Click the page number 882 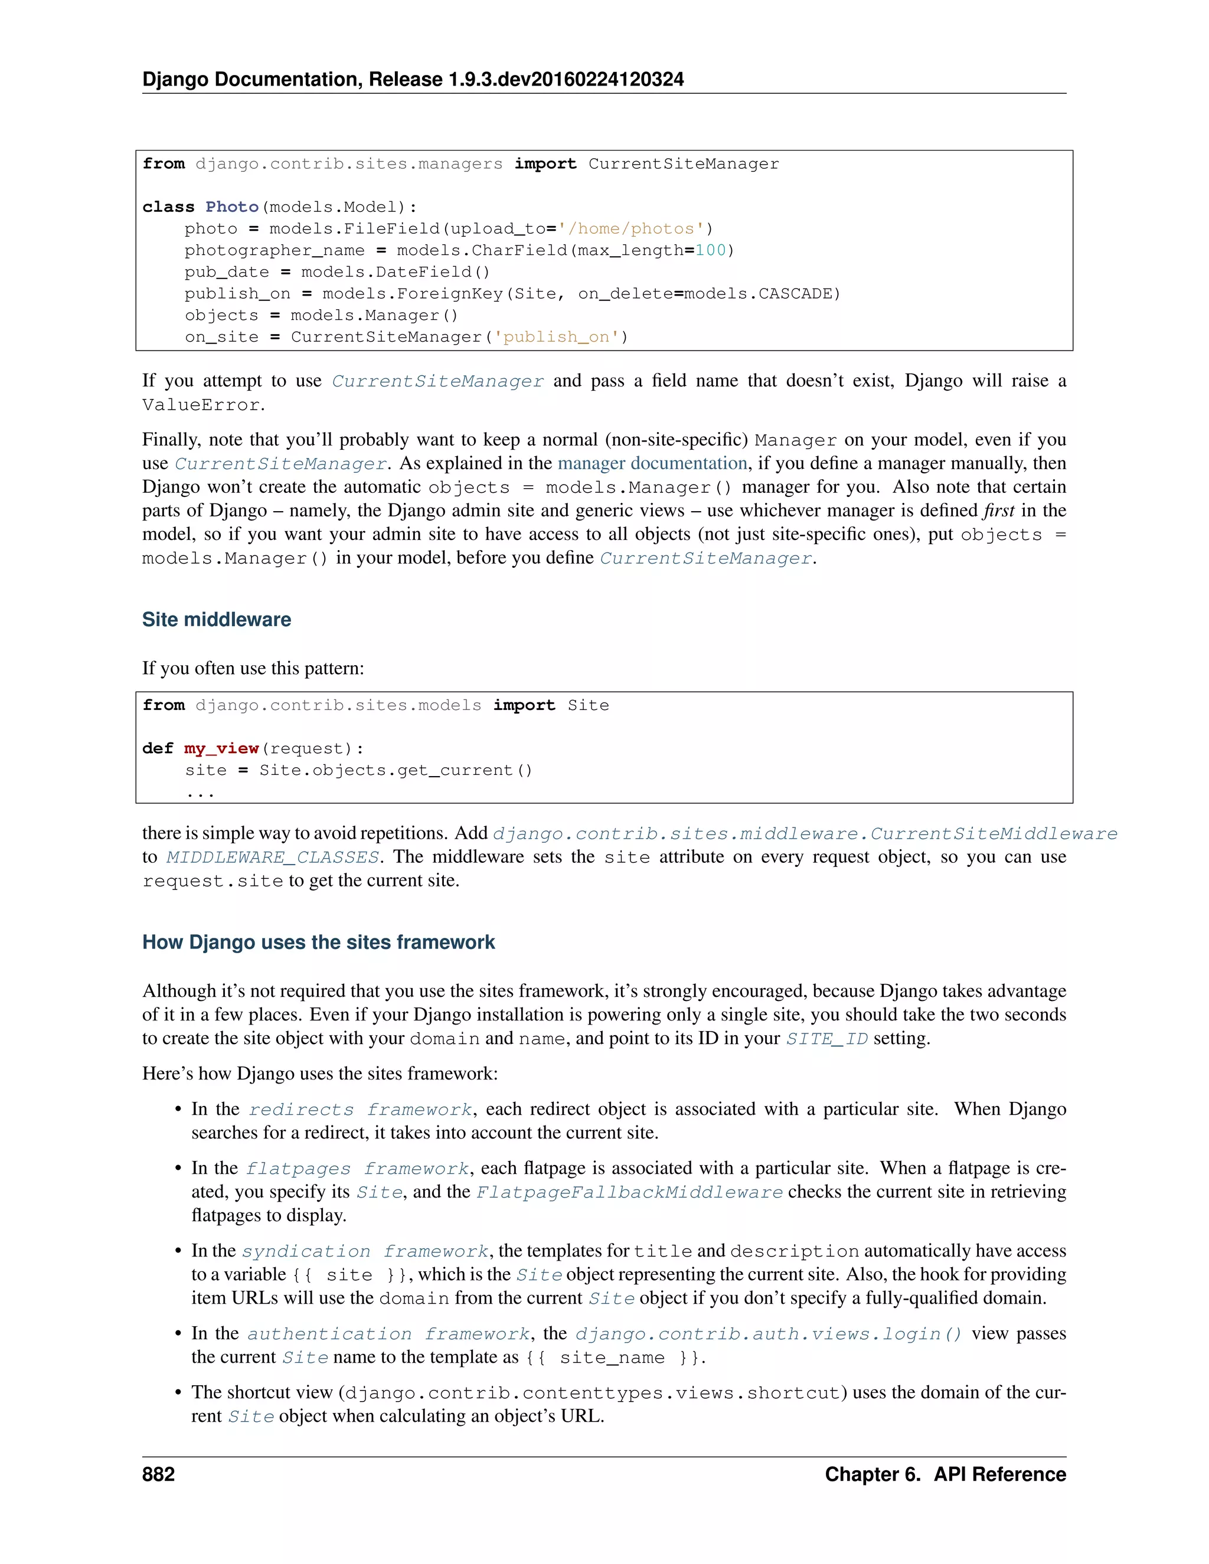coord(158,1474)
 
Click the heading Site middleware coord(216,620)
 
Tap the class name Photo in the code coord(231,207)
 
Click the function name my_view coord(221,748)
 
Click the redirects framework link coord(360,1110)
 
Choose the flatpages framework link coord(357,1169)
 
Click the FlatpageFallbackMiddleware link coord(629,1192)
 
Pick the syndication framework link coord(365,1251)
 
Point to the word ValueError coord(201,405)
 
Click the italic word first coord(998,511)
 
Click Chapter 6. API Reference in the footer coord(945,1474)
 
